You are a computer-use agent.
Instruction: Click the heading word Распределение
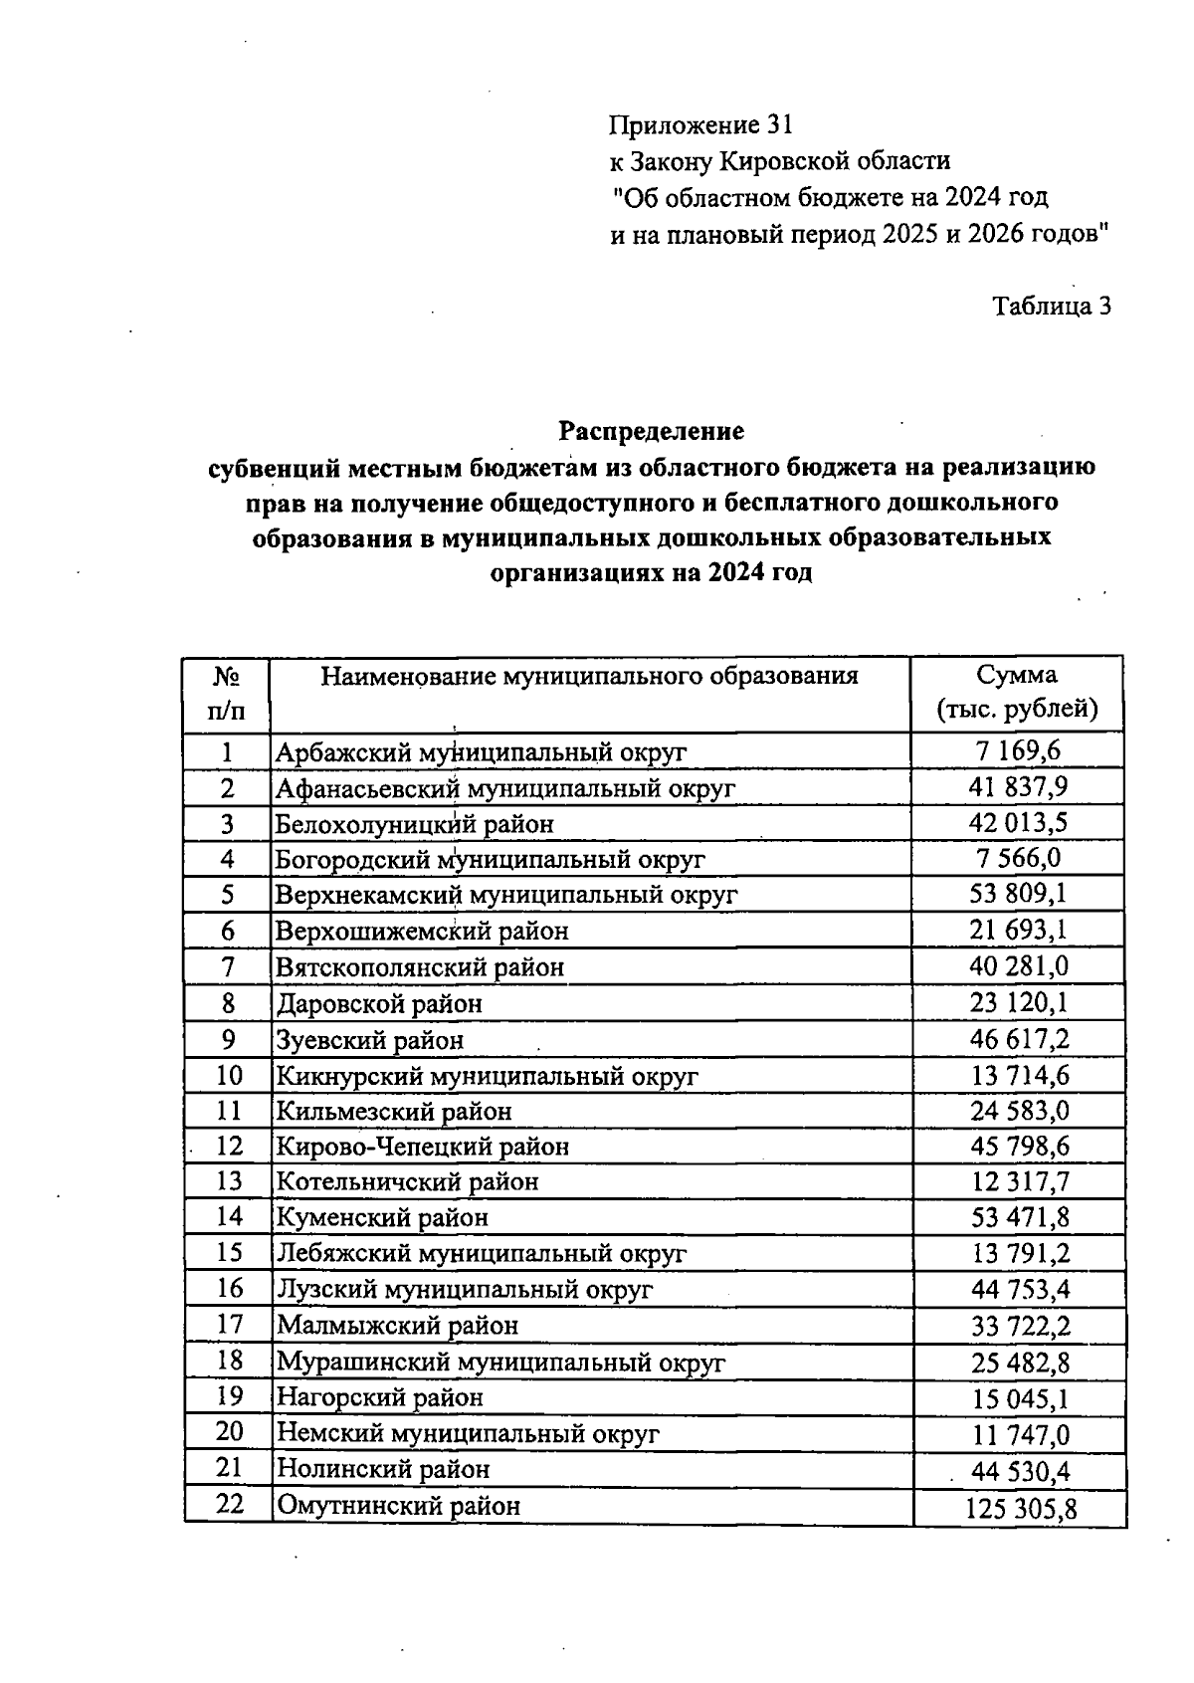(651, 432)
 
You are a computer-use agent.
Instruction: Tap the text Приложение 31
(701, 125)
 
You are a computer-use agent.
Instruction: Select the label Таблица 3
(1052, 307)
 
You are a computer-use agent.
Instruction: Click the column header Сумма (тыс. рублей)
(1017, 693)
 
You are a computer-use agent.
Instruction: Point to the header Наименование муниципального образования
(589, 678)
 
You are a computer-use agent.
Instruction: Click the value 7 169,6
(1018, 751)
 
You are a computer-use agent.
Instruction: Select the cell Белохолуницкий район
(414, 824)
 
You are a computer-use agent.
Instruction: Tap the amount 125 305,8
(1021, 1510)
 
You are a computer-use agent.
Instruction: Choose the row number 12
(229, 1146)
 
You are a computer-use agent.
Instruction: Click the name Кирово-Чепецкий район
(423, 1147)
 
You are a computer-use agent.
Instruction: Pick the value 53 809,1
(1019, 894)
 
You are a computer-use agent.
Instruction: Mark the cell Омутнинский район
(398, 1506)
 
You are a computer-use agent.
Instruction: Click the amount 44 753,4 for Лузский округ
(1020, 1290)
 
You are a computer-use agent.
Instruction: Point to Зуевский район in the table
(370, 1040)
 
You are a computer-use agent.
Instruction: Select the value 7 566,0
(1018, 858)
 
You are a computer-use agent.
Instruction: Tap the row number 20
(229, 1432)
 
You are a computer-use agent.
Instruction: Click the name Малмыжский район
(398, 1326)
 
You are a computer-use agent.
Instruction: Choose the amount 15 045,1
(1020, 1398)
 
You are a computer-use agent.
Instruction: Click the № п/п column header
(227, 694)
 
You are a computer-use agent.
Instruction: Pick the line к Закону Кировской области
(780, 161)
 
